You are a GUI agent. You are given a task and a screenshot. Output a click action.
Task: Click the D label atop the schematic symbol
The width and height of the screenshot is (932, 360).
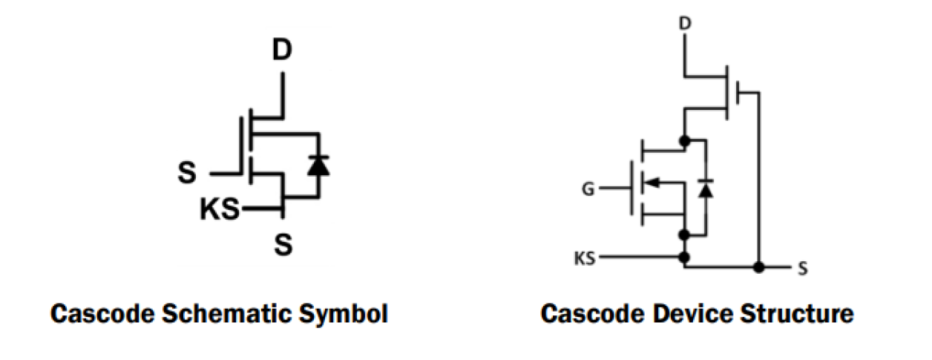tap(282, 51)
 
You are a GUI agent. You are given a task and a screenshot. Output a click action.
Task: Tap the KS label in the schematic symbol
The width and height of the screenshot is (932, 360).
tap(220, 211)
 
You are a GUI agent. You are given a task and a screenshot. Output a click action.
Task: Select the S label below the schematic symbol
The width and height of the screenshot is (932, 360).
tap(283, 244)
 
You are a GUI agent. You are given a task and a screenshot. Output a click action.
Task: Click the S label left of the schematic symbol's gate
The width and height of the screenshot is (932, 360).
tap(188, 174)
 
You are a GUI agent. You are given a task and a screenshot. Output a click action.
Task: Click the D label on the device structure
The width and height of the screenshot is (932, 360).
tap(685, 24)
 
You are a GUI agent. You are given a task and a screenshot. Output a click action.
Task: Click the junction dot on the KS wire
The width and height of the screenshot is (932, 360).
tap(684, 258)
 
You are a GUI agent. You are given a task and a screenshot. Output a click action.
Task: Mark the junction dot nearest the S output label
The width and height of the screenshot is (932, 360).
tap(758, 267)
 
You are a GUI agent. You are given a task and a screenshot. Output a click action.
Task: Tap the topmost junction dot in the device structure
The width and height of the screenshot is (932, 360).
tap(684, 140)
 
